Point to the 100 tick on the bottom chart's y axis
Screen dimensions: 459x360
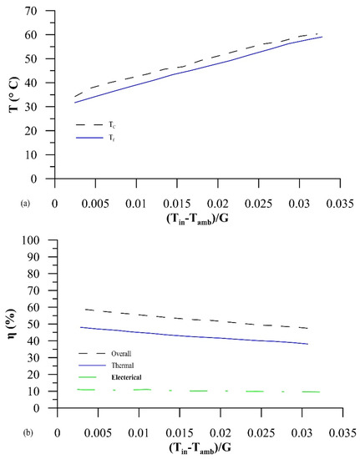36,240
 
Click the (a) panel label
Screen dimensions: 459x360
8,202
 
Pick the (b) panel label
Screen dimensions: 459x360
9,431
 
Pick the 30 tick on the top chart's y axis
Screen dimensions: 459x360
38,107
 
